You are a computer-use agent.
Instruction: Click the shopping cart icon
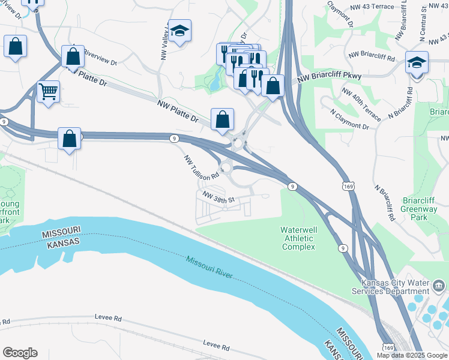click(x=48, y=92)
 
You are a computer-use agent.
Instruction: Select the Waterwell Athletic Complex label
click(x=298, y=238)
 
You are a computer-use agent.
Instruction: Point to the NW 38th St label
click(x=217, y=199)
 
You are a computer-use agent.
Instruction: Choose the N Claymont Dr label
click(x=349, y=119)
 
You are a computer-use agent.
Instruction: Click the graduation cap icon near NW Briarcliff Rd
click(x=416, y=62)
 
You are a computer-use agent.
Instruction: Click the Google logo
click(x=20, y=353)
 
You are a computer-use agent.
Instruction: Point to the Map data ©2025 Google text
click(x=411, y=355)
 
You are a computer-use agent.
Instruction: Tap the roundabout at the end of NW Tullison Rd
click(x=226, y=167)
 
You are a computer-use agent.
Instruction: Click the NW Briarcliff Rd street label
click(x=373, y=59)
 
